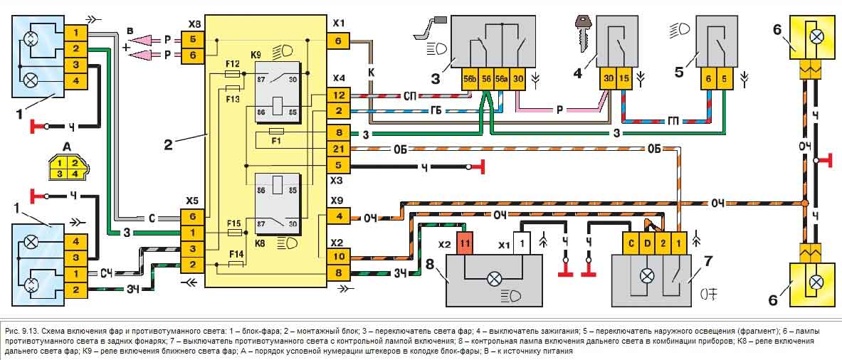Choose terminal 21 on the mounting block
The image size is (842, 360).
pyautogui.click(x=338, y=149)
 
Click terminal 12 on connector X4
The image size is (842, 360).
pyautogui.click(x=338, y=95)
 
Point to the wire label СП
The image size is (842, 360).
pyautogui.click(x=411, y=95)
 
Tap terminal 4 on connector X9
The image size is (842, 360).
pyautogui.click(x=338, y=216)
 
